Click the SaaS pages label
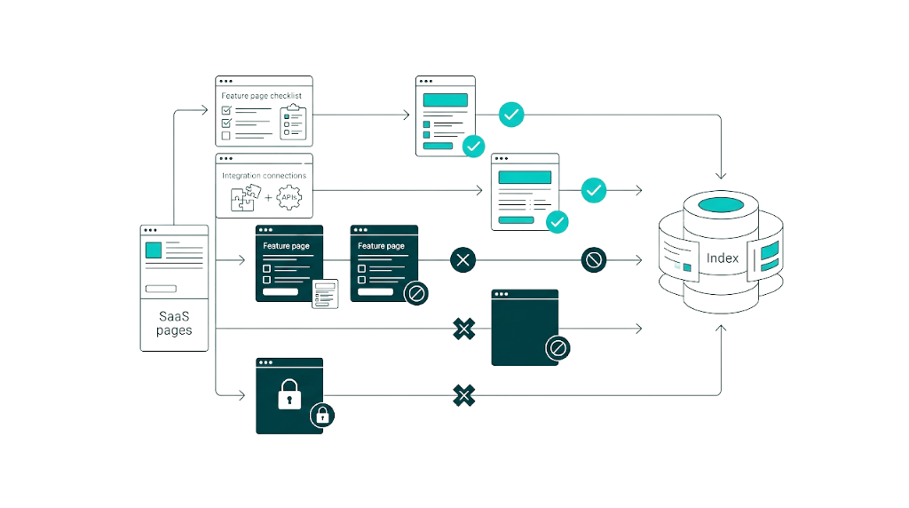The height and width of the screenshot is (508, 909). (174, 322)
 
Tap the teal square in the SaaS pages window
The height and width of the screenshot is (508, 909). (154, 250)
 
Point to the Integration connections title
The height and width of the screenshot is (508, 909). (264, 176)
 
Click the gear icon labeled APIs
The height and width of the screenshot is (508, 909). (289, 197)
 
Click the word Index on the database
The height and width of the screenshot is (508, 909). (722, 258)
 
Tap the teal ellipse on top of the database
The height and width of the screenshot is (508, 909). (721, 206)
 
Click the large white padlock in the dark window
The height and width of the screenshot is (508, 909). (289, 394)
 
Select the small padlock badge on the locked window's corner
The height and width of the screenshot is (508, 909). (321, 414)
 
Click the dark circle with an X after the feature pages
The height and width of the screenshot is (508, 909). (462, 260)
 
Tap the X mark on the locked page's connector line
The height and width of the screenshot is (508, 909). (462, 394)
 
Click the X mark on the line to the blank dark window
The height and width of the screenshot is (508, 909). (463, 329)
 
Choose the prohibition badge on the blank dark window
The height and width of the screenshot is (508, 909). (557, 348)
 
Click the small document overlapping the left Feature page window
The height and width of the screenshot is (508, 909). (325, 293)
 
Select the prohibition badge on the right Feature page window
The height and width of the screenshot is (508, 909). (416, 292)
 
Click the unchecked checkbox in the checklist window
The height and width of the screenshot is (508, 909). (225, 136)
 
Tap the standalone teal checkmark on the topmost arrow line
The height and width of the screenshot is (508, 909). (511, 115)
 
